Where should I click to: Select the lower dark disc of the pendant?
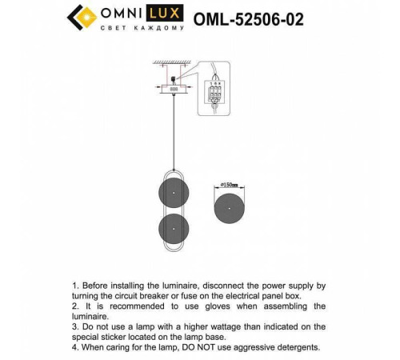(173, 229)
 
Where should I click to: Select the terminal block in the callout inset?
(214, 93)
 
